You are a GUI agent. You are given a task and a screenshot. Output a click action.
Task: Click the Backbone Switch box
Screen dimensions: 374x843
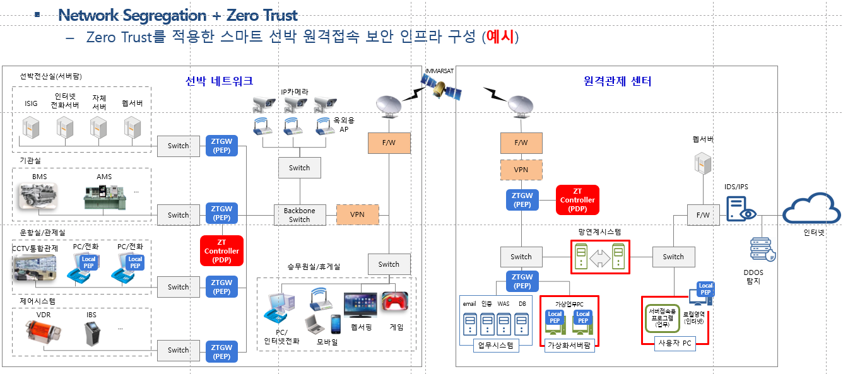[299, 215]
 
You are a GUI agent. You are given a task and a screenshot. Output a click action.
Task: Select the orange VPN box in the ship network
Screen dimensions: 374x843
[357, 215]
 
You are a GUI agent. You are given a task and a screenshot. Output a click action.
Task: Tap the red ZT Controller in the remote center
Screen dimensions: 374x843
[577, 200]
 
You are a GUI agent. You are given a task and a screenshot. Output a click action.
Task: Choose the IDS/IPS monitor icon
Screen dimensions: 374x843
[738, 209]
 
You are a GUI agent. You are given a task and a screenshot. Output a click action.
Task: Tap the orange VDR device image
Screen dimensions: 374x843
[44, 331]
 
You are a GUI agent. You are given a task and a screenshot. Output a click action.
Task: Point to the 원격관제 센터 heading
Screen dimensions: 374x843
[618, 81]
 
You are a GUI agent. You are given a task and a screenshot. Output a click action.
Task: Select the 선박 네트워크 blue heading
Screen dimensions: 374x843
[219, 81]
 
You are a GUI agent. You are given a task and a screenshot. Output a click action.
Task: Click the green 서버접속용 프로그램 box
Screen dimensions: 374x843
[662, 319]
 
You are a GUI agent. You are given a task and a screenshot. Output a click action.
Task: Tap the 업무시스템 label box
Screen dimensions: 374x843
[496, 345]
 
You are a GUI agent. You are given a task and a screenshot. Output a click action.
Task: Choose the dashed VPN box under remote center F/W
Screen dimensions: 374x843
[521, 170]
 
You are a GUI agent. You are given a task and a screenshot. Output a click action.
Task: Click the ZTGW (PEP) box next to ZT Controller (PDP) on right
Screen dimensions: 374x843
[522, 200]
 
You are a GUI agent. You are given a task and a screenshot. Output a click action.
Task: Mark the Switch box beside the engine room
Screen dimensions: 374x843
[178, 215]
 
